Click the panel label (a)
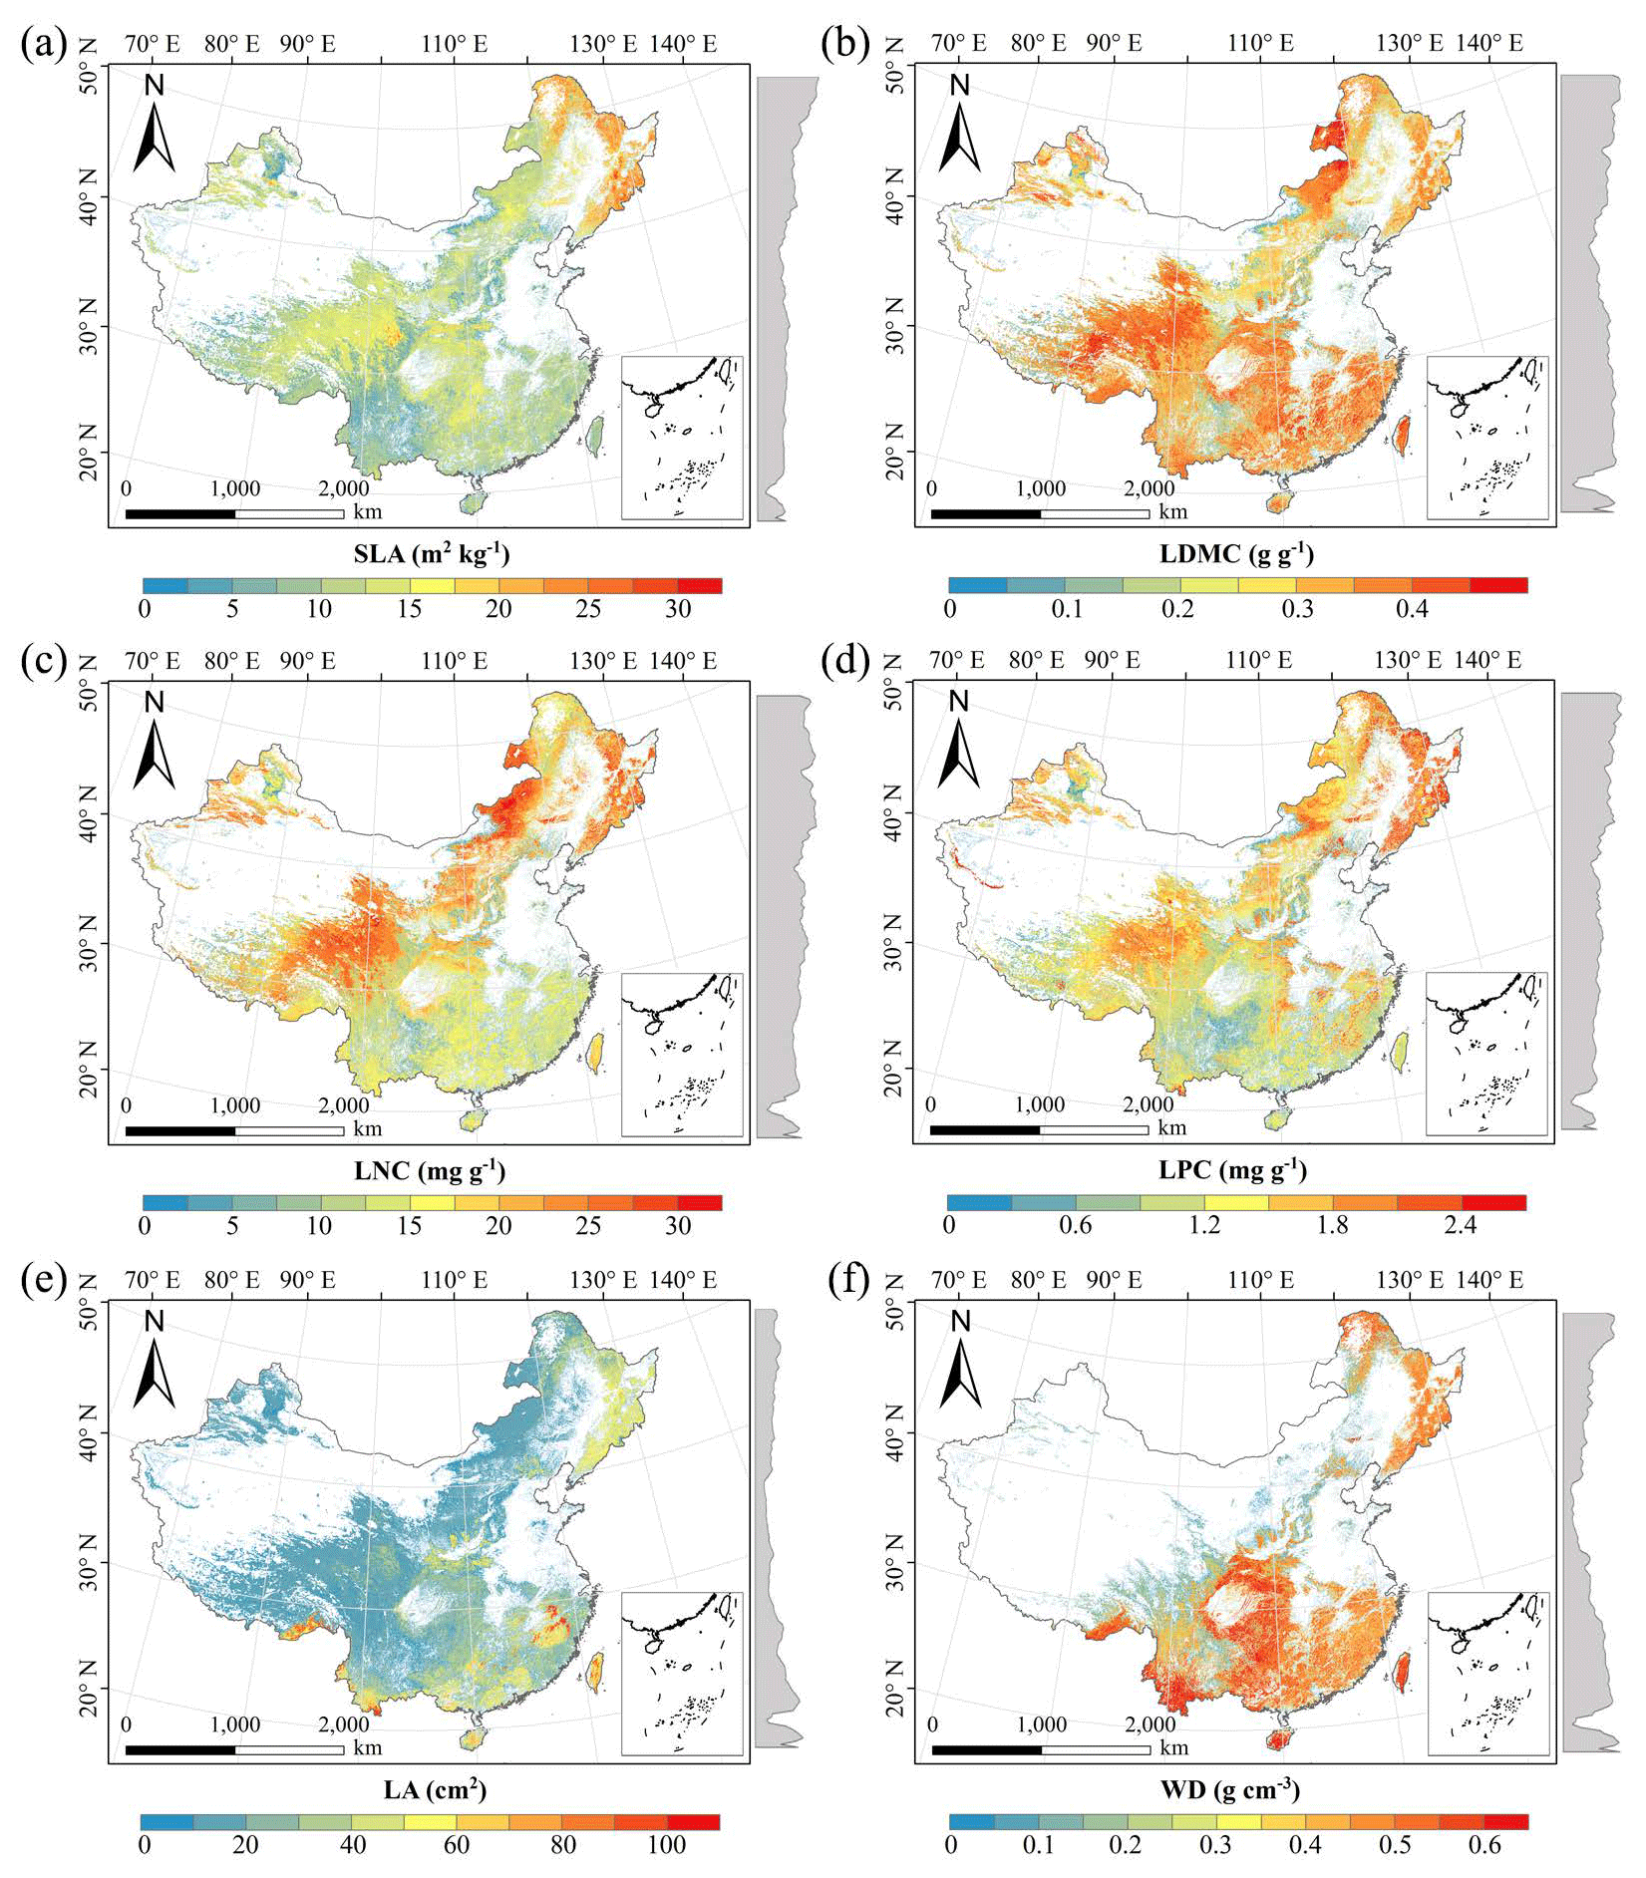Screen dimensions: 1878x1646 (43, 45)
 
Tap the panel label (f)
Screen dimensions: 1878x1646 (848, 1281)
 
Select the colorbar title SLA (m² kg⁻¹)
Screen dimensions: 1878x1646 (431, 553)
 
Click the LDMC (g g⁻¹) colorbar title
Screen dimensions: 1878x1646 (1236, 553)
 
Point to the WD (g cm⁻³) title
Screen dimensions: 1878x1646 (1236, 1789)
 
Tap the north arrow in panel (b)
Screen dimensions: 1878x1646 (959, 128)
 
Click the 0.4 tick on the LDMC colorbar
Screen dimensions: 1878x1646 (1412, 609)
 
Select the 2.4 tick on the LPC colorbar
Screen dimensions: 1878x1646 (1460, 1225)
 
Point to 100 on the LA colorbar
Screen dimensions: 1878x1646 (666, 1844)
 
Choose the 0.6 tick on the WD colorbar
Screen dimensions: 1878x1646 (1484, 1844)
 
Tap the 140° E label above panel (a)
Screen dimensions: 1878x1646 (683, 44)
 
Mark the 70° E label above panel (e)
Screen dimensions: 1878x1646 (153, 1280)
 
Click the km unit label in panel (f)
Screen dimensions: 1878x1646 (1173, 1747)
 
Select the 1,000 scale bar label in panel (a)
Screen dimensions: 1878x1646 (235, 488)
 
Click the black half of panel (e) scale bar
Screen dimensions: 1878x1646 (180, 1749)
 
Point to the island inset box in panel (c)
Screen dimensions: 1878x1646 (682, 1055)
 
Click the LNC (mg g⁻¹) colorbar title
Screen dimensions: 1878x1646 (430, 1170)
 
